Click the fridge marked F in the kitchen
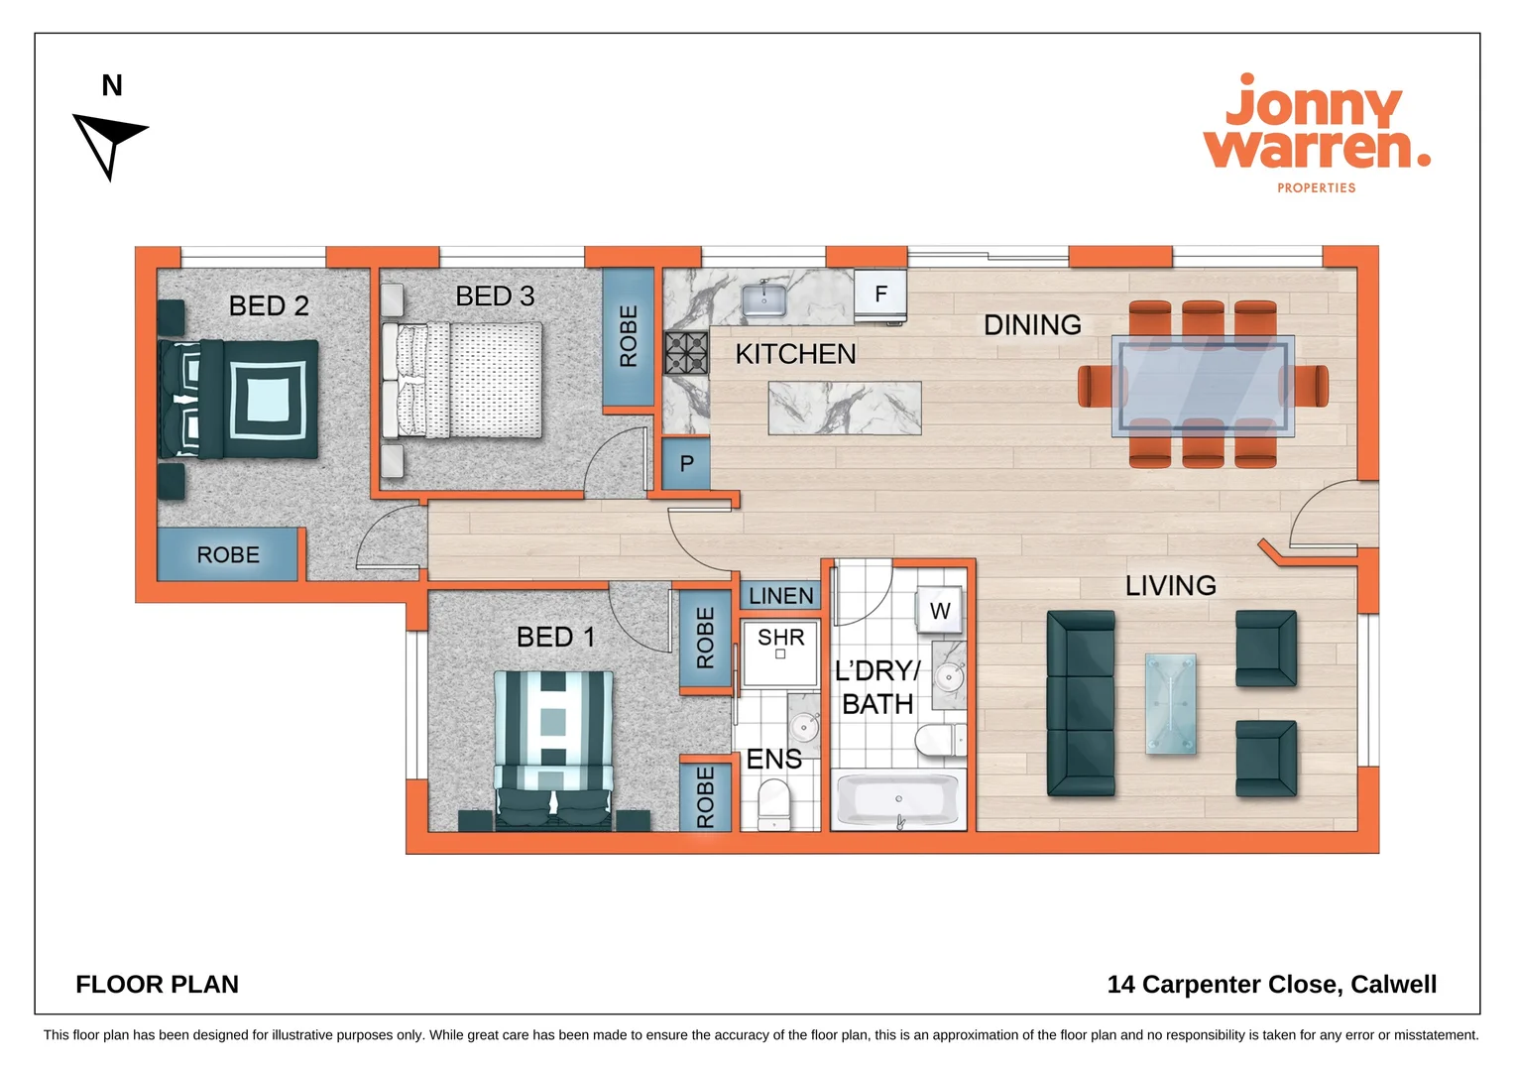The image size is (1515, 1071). [x=880, y=295]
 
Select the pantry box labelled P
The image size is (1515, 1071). [x=686, y=463]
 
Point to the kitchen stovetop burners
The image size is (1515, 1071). [x=686, y=353]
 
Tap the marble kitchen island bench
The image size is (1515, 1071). [x=845, y=408]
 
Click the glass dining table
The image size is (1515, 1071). [x=1203, y=386]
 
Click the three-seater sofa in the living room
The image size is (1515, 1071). [x=1081, y=704]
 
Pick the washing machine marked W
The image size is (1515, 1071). [x=940, y=611]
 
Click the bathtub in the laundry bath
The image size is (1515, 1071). [x=898, y=800]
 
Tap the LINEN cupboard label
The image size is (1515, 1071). [x=780, y=596]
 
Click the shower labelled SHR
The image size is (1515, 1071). [x=780, y=652]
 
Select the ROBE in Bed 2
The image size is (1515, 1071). [x=228, y=554]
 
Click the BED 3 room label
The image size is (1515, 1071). [x=495, y=296]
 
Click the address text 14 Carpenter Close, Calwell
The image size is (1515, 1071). [x=1271, y=984]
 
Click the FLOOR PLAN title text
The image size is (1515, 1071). [x=157, y=984]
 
